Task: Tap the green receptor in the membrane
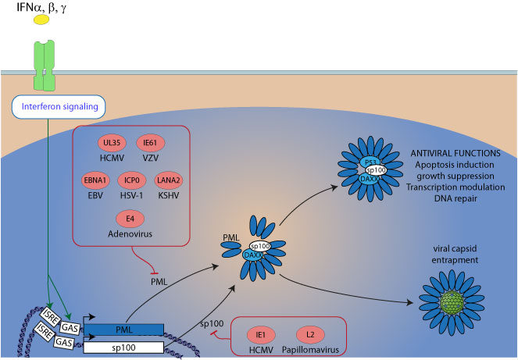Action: (x=45, y=70)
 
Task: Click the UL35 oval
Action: (x=113, y=144)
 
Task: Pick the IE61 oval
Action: (x=152, y=144)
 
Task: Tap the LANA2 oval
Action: (x=170, y=180)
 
